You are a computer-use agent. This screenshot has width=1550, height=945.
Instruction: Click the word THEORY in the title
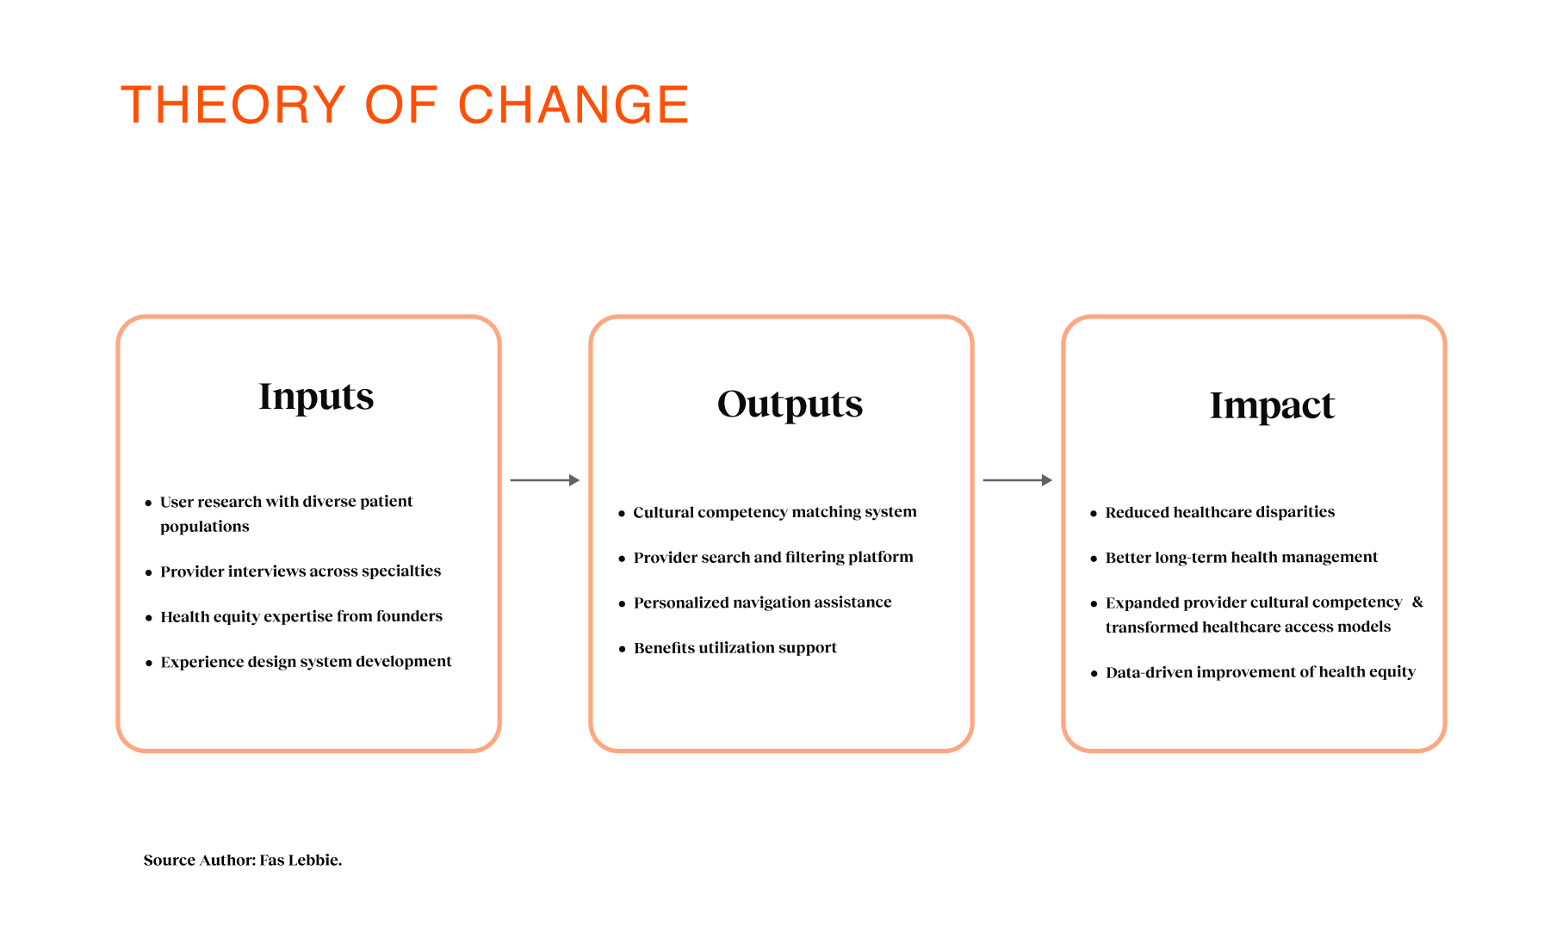click(x=233, y=105)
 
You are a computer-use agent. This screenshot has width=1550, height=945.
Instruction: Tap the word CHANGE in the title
click(x=573, y=105)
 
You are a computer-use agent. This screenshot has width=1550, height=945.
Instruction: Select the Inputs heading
click(x=316, y=398)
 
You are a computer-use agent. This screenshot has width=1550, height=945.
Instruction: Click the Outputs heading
click(x=790, y=405)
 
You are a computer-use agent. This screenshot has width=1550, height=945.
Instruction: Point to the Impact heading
click(x=1272, y=406)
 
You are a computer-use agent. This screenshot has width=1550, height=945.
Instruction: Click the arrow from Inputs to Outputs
click(x=545, y=480)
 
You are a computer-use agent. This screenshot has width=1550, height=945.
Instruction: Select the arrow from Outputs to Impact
click(x=1018, y=480)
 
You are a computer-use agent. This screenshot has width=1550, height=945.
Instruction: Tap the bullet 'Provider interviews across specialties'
click(x=301, y=571)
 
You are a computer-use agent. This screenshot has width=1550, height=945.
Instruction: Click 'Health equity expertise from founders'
click(x=301, y=616)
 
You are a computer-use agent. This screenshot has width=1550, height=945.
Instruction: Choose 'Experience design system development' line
click(x=306, y=662)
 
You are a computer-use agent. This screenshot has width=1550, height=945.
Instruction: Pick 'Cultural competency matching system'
click(x=775, y=512)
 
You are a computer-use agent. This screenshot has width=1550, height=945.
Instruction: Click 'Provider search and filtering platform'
click(x=773, y=558)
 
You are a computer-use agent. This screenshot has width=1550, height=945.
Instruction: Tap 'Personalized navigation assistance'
click(x=763, y=602)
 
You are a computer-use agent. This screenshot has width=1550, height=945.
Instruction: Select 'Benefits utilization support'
click(x=735, y=648)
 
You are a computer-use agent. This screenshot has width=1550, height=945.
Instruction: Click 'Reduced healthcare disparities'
click(x=1220, y=512)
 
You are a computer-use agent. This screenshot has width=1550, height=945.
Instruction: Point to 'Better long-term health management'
click(x=1242, y=558)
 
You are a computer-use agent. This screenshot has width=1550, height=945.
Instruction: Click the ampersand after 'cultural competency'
click(x=1417, y=602)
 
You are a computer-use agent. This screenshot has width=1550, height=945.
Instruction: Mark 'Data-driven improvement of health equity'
click(x=1261, y=672)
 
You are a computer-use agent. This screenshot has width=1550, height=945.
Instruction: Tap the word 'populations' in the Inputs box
click(x=205, y=527)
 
